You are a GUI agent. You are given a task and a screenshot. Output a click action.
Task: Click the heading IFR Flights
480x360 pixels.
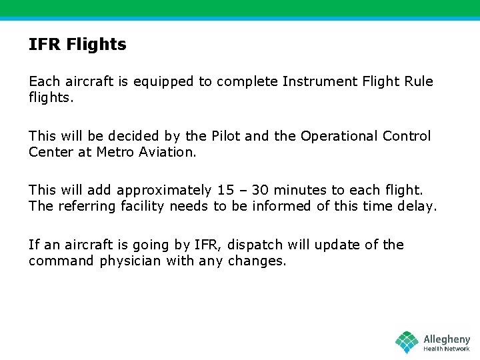77,45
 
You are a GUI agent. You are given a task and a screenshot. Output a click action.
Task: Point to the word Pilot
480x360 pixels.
225,136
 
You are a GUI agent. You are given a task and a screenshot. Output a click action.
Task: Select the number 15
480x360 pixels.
225,191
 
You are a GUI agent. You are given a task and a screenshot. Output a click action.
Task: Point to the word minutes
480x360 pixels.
303,191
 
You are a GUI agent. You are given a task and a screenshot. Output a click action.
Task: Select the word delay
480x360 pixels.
417,207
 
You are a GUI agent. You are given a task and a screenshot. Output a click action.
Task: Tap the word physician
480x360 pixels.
131,261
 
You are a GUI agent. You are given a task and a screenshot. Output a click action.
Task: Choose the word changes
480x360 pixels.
257,261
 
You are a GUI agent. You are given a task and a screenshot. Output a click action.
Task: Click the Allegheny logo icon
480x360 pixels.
407,342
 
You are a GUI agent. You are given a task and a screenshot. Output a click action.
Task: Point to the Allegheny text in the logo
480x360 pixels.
447,339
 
